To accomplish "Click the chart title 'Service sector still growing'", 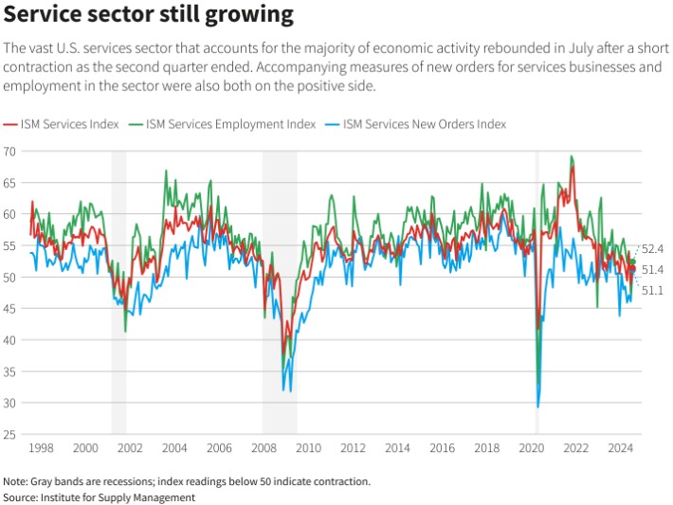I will (x=149, y=15).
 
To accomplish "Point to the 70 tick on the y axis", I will (x=10, y=152).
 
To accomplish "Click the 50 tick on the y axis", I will (x=10, y=278).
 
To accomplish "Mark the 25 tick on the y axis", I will (x=10, y=435).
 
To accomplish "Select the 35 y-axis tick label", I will (x=10, y=372).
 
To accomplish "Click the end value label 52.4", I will (x=652, y=249).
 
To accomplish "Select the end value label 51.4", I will (x=652, y=270).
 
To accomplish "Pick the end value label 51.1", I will (x=652, y=290).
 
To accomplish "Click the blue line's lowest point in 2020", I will (x=538, y=407).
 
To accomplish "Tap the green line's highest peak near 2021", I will (x=571, y=156).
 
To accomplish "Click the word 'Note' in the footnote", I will (x=16, y=481).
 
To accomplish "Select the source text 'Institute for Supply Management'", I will (x=118, y=497).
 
